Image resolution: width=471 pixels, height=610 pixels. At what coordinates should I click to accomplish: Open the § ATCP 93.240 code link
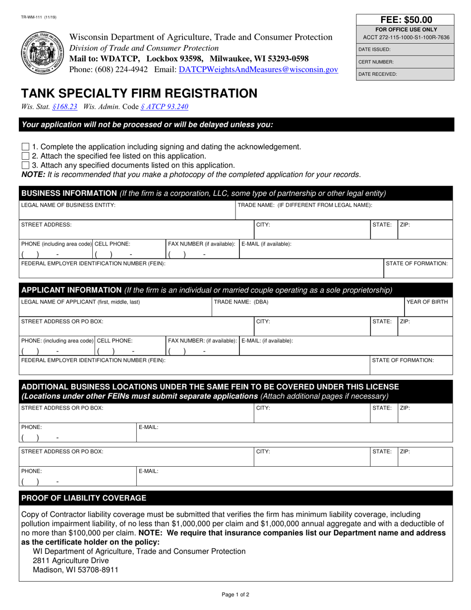coord(164,106)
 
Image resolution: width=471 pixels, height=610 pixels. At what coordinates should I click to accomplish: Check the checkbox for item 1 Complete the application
coord(25,147)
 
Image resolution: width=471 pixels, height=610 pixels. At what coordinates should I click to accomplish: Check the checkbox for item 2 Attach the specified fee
coord(25,156)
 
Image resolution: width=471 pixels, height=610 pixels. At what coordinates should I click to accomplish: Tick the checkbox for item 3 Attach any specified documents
coord(25,165)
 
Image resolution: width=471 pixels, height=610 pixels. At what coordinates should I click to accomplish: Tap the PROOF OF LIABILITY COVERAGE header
coord(84,498)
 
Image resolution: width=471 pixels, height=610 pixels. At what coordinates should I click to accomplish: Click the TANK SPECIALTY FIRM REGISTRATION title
coord(139,93)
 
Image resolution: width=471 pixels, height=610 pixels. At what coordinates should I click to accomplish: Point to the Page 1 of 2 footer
coord(235,595)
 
